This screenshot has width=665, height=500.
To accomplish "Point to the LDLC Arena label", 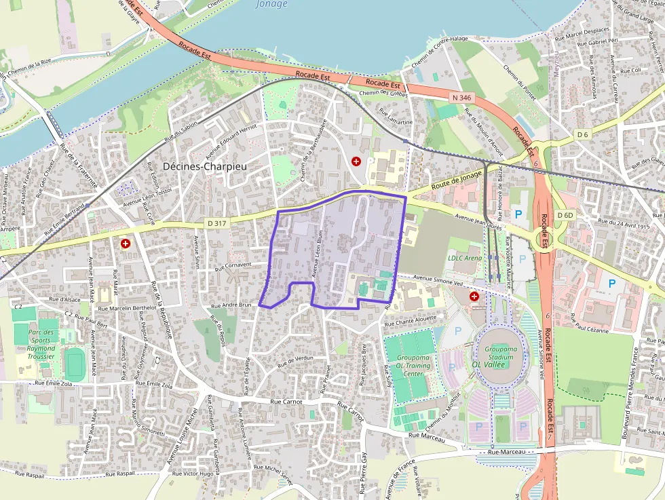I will click(x=465, y=258).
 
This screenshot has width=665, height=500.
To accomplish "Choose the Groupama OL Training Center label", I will click(x=414, y=365).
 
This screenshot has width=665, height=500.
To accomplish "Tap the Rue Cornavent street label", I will click(x=233, y=266).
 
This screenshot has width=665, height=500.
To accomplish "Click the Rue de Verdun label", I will click(x=295, y=360).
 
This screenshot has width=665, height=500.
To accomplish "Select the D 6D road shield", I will click(x=565, y=215).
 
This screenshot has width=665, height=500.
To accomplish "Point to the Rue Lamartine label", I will click(x=395, y=117).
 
